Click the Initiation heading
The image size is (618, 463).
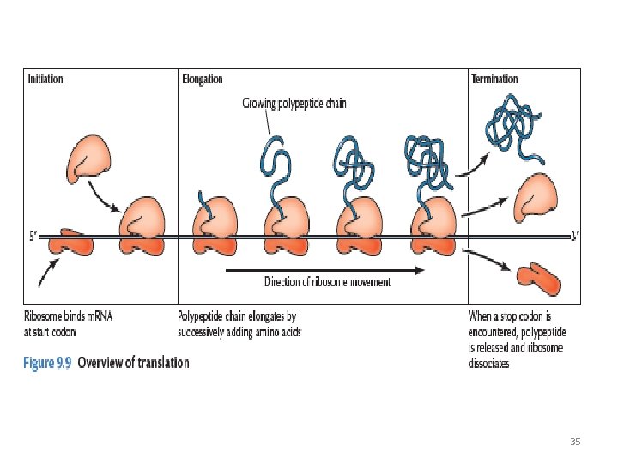coord(45,79)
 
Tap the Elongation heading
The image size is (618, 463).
coord(203,80)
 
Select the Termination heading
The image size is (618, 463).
coord(494,79)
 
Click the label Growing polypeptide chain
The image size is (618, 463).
coord(294,104)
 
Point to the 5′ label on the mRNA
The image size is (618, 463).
coord(33,237)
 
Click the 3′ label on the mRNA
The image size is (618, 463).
coord(574,236)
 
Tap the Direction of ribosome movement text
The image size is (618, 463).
coord(327,282)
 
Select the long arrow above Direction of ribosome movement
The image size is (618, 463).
coord(325,270)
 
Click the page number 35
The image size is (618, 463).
coord(575,442)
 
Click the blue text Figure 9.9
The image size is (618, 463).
coord(47,363)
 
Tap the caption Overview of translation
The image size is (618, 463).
coord(133,362)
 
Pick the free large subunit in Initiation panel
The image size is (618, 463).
coord(89,159)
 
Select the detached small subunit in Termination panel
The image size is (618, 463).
coord(539,279)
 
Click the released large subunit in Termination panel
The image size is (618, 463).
coord(536,198)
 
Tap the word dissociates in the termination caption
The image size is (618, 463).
coord(488,363)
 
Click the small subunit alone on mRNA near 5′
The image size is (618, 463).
coord(70,242)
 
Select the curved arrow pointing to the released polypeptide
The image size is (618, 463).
coord(471,167)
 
